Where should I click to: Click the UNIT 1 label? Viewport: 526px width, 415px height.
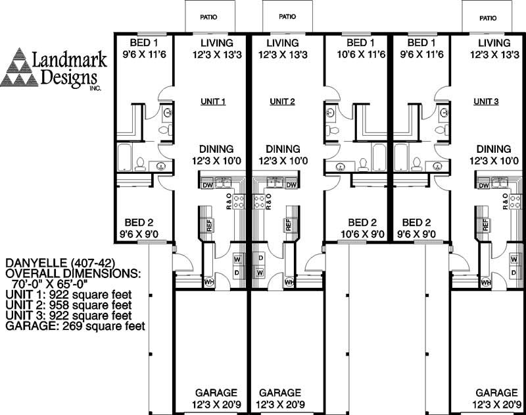pyautogui.click(x=213, y=102)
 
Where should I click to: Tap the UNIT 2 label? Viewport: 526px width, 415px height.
pyautogui.click(x=282, y=102)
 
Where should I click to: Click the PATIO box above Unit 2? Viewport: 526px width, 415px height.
pyautogui.click(x=287, y=16)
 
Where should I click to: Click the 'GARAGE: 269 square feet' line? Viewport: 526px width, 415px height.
pyautogui.click(x=75, y=325)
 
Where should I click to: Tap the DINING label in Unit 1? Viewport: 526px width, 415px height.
pyautogui.click(x=215, y=150)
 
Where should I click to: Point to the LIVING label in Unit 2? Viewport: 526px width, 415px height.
pyautogui.click(x=283, y=43)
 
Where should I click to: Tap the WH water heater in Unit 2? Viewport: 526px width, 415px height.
pyautogui.click(x=289, y=283)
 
